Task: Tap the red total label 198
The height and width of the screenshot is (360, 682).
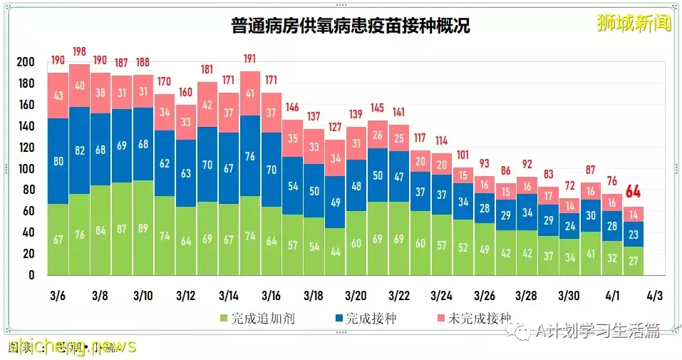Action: click(x=79, y=51)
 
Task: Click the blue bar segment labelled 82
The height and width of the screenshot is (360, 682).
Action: click(x=79, y=151)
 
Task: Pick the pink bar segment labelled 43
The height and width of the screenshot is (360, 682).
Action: click(x=58, y=96)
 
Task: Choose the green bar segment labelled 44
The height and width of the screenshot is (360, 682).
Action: click(x=335, y=252)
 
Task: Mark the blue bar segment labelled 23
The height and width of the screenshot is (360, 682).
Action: click(x=634, y=234)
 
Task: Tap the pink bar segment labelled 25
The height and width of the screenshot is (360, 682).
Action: click(x=398, y=138)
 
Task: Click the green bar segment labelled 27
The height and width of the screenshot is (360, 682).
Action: click(x=634, y=260)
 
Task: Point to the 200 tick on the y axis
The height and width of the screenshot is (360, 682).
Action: click(x=25, y=63)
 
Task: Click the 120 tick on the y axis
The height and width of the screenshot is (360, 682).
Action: click(x=25, y=148)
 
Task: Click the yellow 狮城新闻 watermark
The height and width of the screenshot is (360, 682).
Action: click(x=634, y=24)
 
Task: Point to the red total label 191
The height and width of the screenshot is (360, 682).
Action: click(x=249, y=58)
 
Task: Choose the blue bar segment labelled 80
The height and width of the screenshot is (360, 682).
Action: click(x=58, y=161)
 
